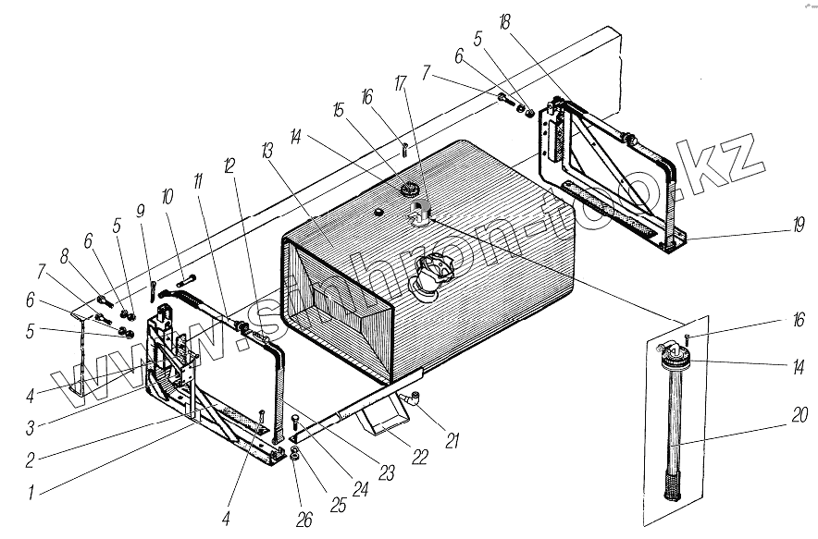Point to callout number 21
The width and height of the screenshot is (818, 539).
click(x=452, y=442)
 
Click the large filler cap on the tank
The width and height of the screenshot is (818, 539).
click(x=431, y=275)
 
